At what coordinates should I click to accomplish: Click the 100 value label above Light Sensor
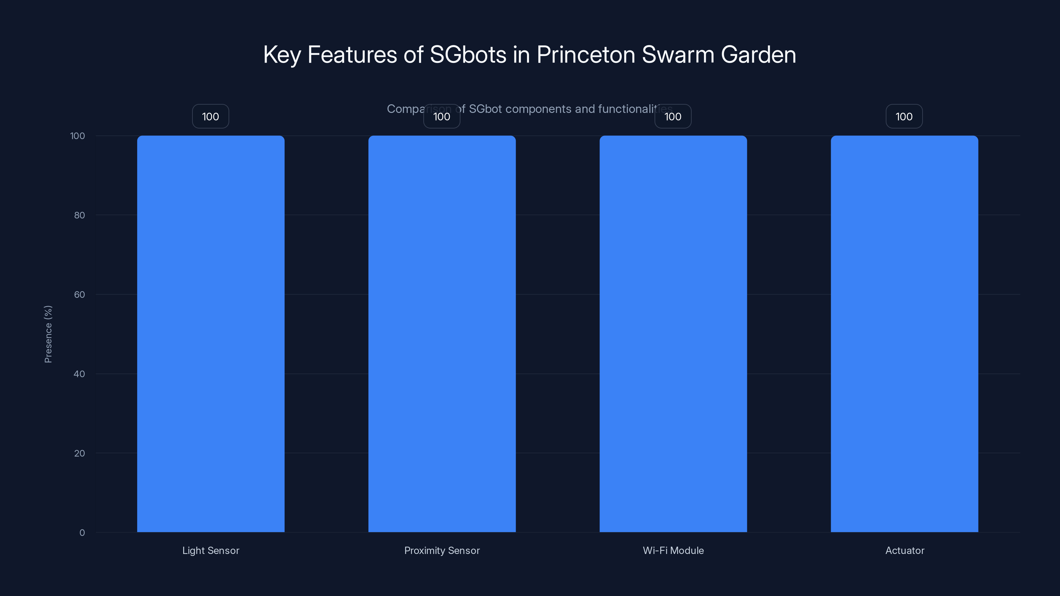pyautogui.click(x=211, y=117)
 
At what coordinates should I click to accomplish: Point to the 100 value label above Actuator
pyautogui.click(x=904, y=117)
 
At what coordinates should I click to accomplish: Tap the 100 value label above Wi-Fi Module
pyautogui.click(x=673, y=117)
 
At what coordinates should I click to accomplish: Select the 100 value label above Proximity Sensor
pyautogui.click(x=442, y=117)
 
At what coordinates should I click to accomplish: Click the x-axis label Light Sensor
pyautogui.click(x=211, y=550)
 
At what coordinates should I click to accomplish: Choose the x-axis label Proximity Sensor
pyautogui.click(x=442, y=550)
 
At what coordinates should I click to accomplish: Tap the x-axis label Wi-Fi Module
pyautogui.click(x=673, y=550)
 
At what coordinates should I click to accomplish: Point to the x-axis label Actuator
pyautogui.click(x=904, y=550)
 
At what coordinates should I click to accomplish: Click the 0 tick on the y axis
pyautogui.click(x=82, y=533)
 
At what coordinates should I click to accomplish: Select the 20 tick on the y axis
pyautogui.click(x=79, y=453)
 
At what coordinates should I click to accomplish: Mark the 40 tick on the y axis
pyautogui.click(x=79, y=374)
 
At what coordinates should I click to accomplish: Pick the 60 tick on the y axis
pyautogui.click(x=79, y=294)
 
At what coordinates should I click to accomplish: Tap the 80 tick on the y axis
pyautogui.click(x=79, y=215)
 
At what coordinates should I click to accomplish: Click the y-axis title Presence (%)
pyautogui.click(x=48, y=334)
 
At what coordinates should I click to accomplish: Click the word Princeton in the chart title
pyautogui.click(x=586, y=55)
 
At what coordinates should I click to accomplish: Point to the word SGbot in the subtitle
pyautogui.click(x=485, y=109)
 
